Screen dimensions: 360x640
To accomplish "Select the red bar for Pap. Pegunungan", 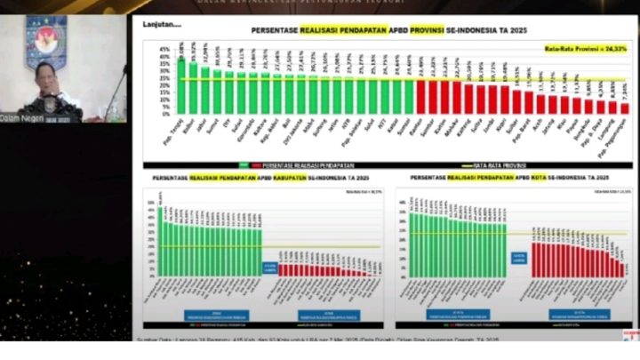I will [624, 108].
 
